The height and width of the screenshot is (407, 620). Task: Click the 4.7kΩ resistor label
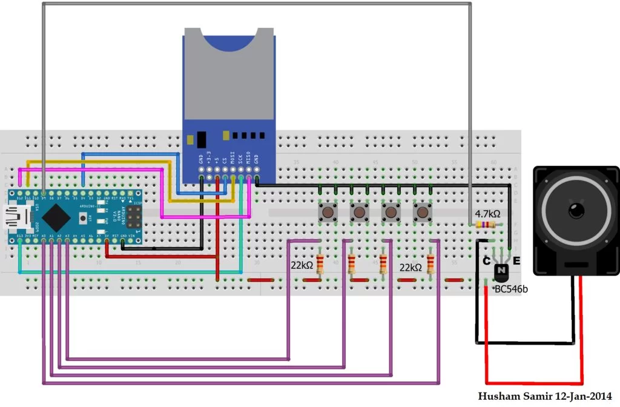click(x=487, y=214)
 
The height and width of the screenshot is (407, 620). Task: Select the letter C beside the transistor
click(x=486, y=261)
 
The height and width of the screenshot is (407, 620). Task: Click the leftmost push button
click(x=328, y=213)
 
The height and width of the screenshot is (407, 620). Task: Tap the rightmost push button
click(x=423, y=213)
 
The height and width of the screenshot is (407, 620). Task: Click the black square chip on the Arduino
click(x=56, y=214)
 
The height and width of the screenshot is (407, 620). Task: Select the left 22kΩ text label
click(x=302, y=265)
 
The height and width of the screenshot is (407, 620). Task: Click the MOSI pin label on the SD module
click(x=232, y=160)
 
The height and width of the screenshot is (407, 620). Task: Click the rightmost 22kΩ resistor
click(x=430, y=264)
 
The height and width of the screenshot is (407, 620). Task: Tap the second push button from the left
click(x=360, y=213)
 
